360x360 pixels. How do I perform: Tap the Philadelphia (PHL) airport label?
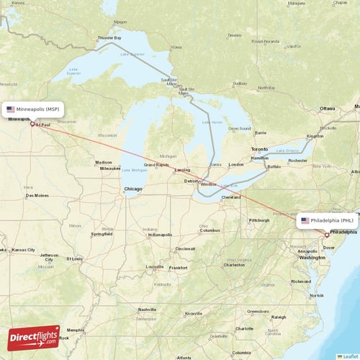pyautogui.click(x=332, y=220)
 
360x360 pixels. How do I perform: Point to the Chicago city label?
pyautogui.click(x=132, y=189)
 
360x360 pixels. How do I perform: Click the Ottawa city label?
pyautogui.click(x=328, y=109)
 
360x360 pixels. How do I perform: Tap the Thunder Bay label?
pyautogui.click(x=109, y=37)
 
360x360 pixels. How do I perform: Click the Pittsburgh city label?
pyautogui.click(x=258, y=220)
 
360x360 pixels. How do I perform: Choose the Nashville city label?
pyautogui.click(x=148, y=310)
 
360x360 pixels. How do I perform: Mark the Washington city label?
pyautogui.click(x=312, y=257)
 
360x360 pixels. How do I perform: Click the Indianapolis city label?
pyautogui.click(x=159, y=235)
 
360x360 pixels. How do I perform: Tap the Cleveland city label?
pyautogui.click(x=231, y=197)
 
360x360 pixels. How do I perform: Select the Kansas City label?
pyautogui.click(x=22, y=250)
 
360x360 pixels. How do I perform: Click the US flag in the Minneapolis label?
pyautogui.click(x=11, y=109)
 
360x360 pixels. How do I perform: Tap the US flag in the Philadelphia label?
pyautogui.click(x=305, y=220)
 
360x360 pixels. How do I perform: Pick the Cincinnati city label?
pyautogui.click(x=185, y=249)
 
